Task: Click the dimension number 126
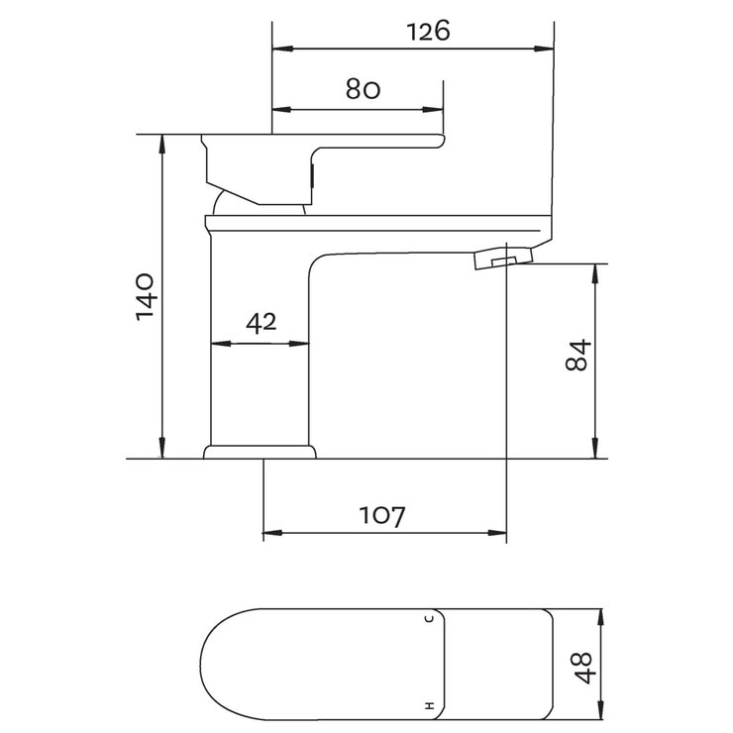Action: click(x=428, y=31)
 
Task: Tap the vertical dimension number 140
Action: click(x=145, y=294)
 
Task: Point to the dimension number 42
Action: click(x=260, y=322)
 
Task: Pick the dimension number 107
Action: click(x=382, y=515)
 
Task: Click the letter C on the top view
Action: click(x=429, y=619)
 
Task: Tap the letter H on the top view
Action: click(x=429, y=707)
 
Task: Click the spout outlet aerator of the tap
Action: click(x=502, y=260)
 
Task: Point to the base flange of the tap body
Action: click(x=261, y=453)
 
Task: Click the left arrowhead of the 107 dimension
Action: click(x=269, y=534)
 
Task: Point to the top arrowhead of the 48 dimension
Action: click(x=601, y=616)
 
